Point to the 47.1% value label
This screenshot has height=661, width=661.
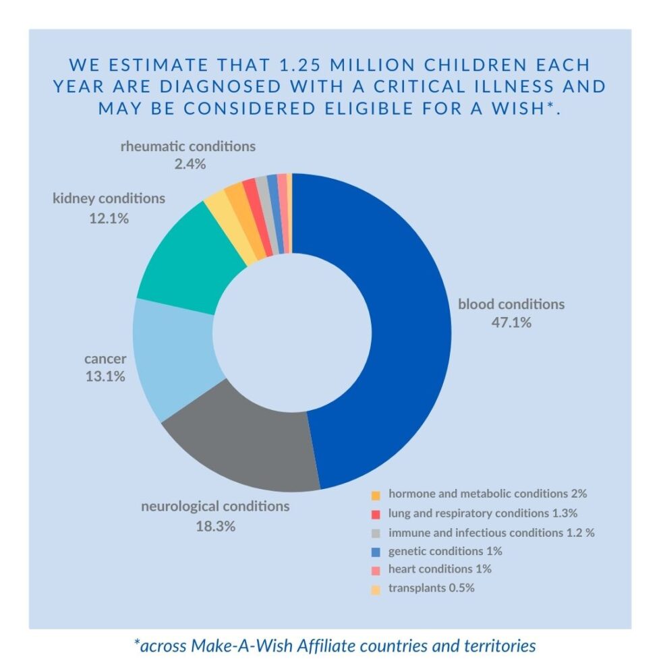pyautogui.click(x=511, y=322)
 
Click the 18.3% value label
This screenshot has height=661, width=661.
pyautogui.click(x=215, y=526)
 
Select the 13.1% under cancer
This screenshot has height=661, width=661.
pyautogui.click(x=105, y=376)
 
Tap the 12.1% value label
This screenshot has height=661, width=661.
pyautogui.click(x=109, y=218)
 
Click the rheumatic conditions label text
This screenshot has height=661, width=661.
pyautogui.click(x=188, y=146)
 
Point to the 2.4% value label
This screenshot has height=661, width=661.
pyautogui.click(x=189, y=164)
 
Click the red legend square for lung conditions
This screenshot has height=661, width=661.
pyautogui.click(x=376, y=514)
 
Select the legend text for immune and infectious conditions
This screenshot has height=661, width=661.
pyautogui.click(x=491, y=532)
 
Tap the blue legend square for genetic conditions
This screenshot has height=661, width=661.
pyautogui.click(x=376, y=551)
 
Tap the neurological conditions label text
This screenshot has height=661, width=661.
pyautogui.click(x=215, y=506)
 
